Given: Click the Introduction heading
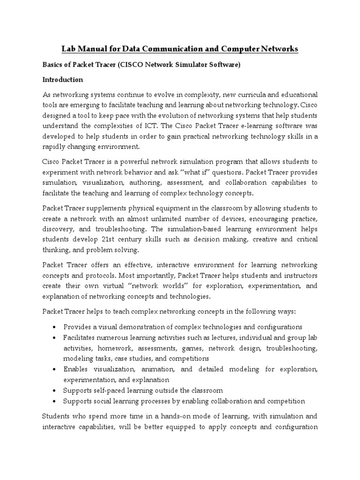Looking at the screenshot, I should click(x=63, y=80).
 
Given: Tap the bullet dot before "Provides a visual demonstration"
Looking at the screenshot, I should click(x=55, y=327).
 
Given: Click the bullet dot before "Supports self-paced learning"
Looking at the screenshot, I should click(x=55, y=390).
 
